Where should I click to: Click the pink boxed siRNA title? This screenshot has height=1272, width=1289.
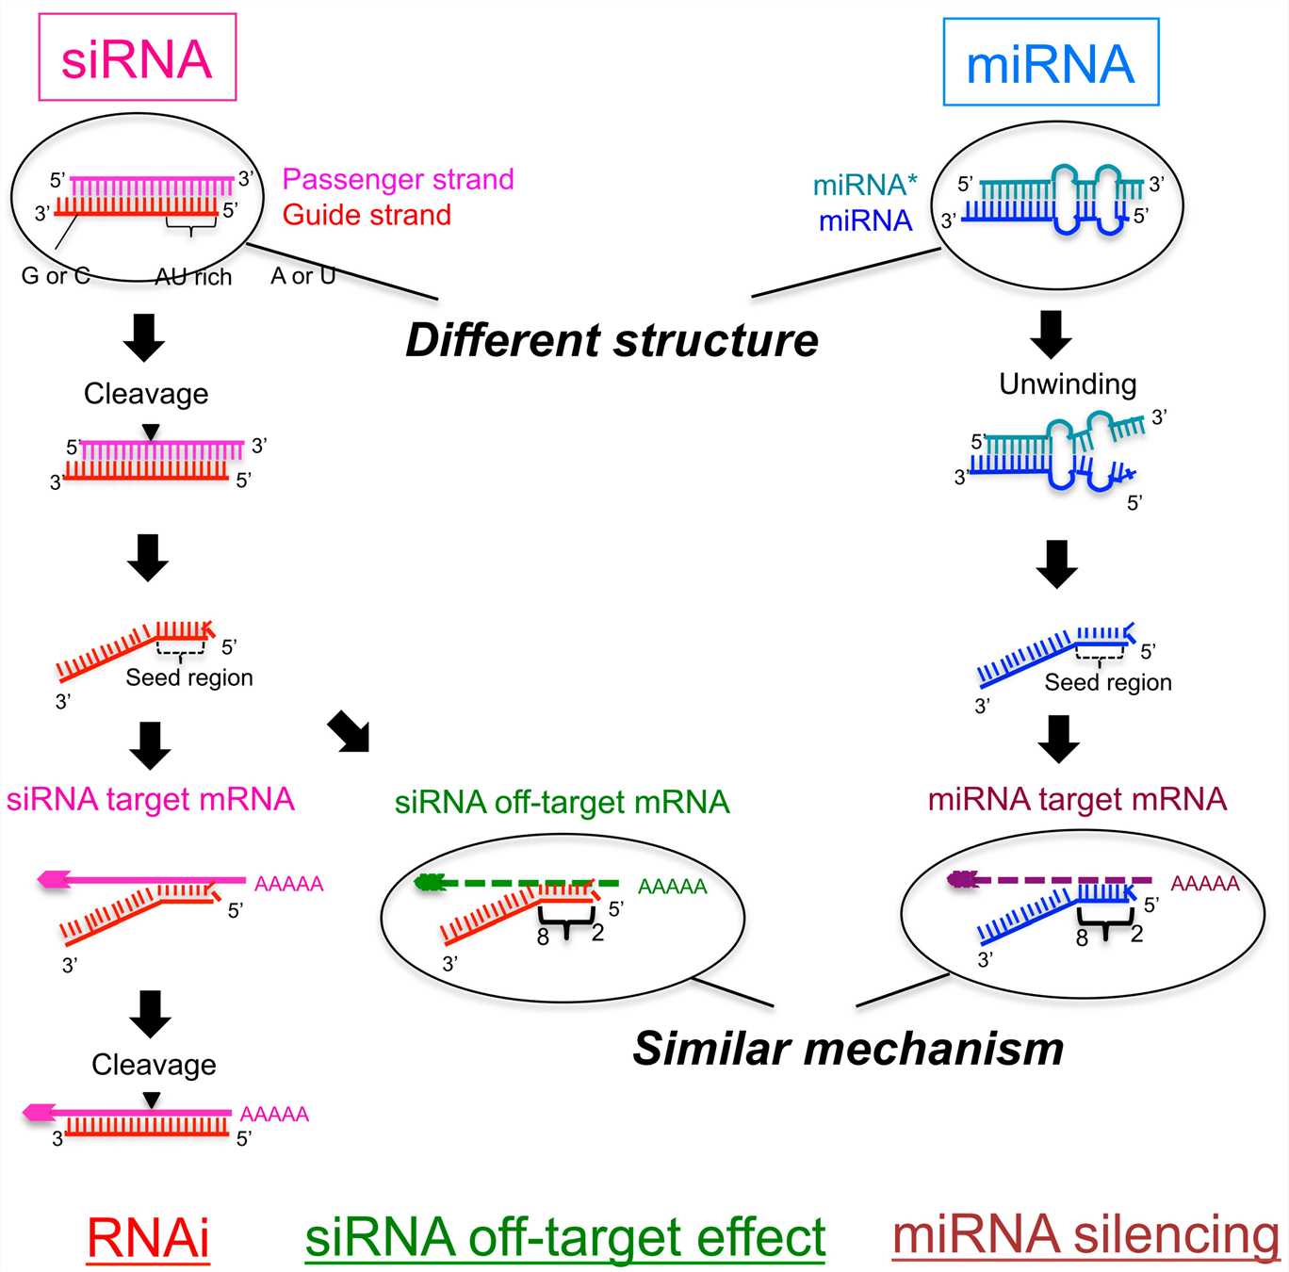(137, 58)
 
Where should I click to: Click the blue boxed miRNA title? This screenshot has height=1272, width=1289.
(1051, 63)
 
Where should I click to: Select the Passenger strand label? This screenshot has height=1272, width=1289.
(398, 179)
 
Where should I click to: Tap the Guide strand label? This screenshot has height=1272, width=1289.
(367, 215)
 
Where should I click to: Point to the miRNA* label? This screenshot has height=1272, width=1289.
(864, 185)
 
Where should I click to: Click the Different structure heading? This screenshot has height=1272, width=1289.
(612, 340)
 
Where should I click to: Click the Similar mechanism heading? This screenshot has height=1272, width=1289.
(848, 1048)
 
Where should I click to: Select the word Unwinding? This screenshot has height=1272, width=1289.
(1068, 383)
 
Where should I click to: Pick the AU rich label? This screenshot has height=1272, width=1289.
(193, 277)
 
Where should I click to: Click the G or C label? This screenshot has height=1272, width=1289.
(56, 276)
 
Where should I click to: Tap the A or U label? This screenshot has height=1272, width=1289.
(302, 276)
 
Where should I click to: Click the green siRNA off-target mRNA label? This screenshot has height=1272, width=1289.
(562, 802)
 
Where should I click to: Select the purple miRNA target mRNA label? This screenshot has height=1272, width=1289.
(1077, 799)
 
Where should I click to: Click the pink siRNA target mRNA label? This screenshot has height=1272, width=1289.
(151, 799)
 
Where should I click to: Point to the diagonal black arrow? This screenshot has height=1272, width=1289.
(349, 732)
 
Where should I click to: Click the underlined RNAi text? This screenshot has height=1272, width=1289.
(148, 1237)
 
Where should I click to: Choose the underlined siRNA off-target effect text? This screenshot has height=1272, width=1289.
(565, 1237)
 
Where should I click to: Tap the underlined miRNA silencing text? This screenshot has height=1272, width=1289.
(1085, 1234)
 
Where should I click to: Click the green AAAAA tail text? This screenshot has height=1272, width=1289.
(672, 887)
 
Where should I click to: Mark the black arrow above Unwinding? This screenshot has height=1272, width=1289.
(1051, 334)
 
